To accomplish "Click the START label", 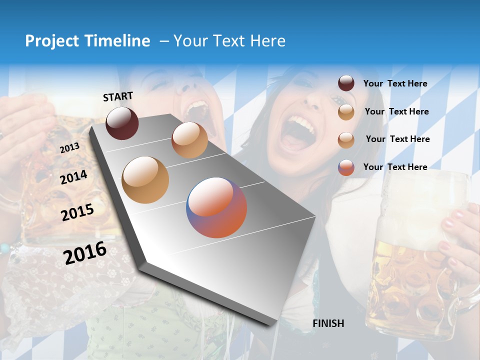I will [118, 96].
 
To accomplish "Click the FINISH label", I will [328, 323].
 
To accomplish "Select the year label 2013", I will [69, 148].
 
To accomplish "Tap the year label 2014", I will [73, 177].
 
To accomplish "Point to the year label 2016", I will [85, 252].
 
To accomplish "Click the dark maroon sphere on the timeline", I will [122, 123].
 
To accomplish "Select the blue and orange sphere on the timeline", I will [216, 207].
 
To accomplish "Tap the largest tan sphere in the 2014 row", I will [145, 180].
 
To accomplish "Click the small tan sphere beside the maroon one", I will [189, 140].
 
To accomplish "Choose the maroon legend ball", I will [346, 83].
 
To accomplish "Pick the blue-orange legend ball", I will [346, 167].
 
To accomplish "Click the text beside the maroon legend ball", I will [395, 84].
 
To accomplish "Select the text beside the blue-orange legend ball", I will [395, 167].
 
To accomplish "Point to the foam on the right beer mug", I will [425, 190].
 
